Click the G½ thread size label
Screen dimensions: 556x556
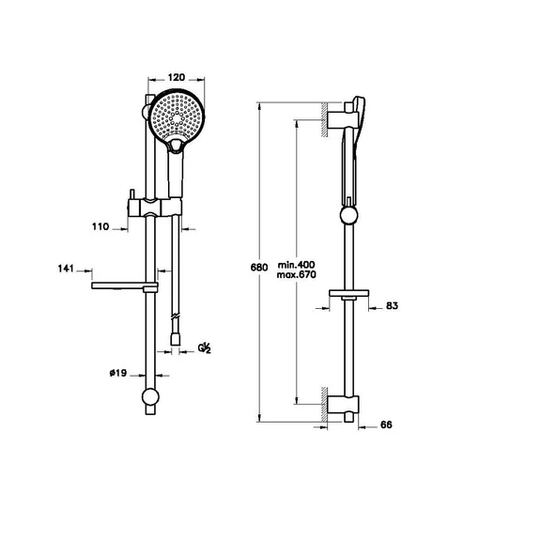tap(204, 347)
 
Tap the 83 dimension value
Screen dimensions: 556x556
tap(392, 304)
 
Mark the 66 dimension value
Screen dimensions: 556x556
tap(386, 425)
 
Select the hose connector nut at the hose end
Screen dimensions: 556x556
tap(177, 333)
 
